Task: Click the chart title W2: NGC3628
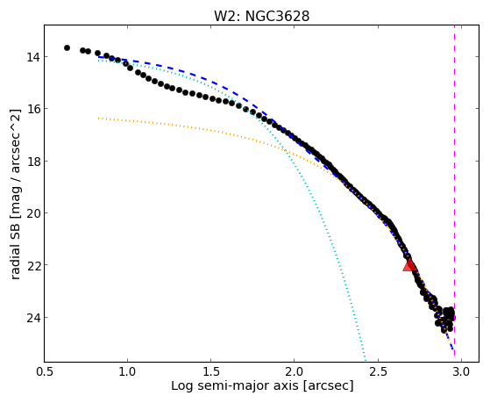tap(261, 16)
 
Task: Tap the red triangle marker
tap(409, 265)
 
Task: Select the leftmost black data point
tap(67, 48)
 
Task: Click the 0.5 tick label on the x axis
tap(44, 372)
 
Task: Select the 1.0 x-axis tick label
tap(127, 372)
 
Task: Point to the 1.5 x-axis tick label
tap(211, 372)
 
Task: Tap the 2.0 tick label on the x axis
tap(295, 372)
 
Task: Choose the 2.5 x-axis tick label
tap(378, 372)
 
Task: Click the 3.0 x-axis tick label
tap(462, 372)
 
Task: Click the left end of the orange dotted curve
tap(98, 119)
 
